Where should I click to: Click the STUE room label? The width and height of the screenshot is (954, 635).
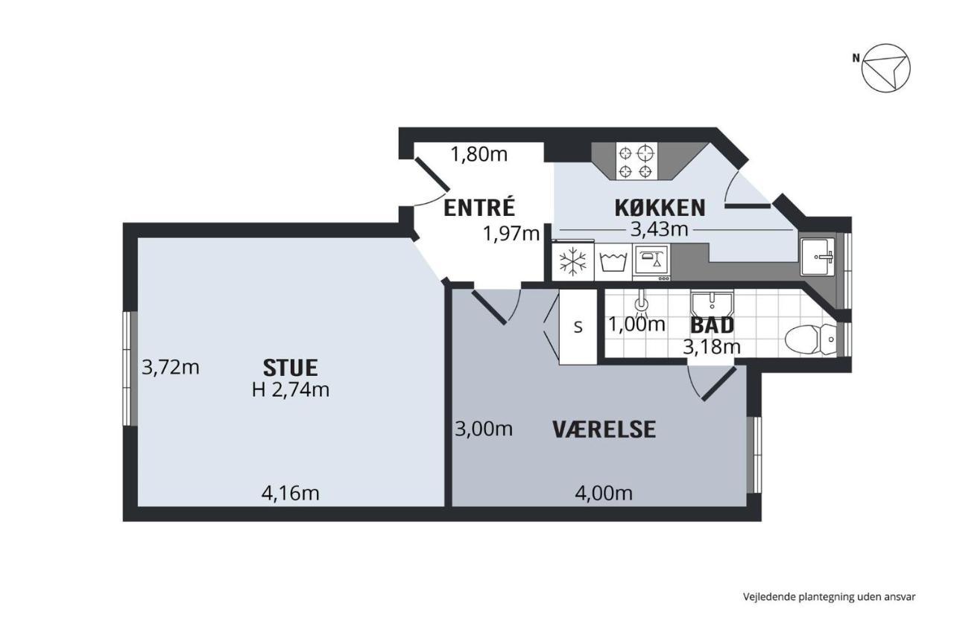pos(290,368)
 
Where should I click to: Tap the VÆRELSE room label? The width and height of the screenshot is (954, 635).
pos(604,430)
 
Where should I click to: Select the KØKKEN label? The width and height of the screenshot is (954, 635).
pos(660,208)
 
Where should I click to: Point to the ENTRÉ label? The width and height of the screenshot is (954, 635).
pos(479,208)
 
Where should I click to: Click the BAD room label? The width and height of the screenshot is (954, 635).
pos(712,325)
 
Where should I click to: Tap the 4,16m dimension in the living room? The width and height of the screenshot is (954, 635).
pos(290,494)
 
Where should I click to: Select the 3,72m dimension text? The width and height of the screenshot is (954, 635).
pos(171,367)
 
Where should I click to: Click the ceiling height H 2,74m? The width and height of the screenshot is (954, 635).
pos(291,389)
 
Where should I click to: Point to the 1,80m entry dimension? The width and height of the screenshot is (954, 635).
pos(479,154)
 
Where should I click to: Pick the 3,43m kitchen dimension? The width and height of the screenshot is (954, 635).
pos(660,229)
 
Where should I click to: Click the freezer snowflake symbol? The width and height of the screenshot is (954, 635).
pos(573,261)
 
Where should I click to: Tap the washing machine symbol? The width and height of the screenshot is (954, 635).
pos(613,261)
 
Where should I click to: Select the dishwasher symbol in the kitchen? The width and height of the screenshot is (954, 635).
pos(651,262)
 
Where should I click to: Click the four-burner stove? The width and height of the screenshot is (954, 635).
pos(636,161)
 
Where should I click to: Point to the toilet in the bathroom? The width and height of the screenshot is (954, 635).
pos(810,339)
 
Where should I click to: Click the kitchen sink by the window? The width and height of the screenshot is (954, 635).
pos(818,257)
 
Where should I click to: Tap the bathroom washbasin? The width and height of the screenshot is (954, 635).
pos(712,303)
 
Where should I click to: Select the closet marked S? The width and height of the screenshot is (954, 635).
pos(578,327)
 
